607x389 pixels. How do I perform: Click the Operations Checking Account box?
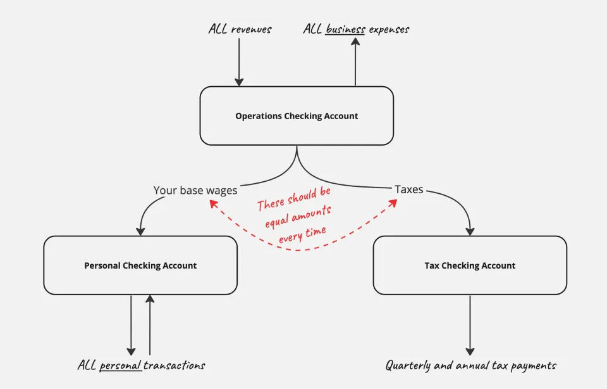pyautogui.click(x=297, y=115)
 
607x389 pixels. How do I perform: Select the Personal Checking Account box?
pyautogui.click(x=140, y=265)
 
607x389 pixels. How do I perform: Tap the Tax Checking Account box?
pyautogui.click(x=470, y=265)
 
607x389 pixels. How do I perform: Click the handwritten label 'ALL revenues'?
pyautogui.click(x=240, y=29)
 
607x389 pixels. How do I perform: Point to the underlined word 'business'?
pyautogui.click(x=345, y=29)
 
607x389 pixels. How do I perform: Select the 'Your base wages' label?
pyautogui.click(x=195, y=191)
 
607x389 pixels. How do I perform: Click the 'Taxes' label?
pyautogui.click(x=409, y=189)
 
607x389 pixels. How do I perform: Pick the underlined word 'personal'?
pyautogui.click(x=120, y=366)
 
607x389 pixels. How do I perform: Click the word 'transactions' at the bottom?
pyautogui.click(x=175, y=365)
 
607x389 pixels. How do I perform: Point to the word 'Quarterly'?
pyautogui.click(x=408, y=366)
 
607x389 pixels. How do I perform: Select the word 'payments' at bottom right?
pyautogui.click(x=534, y=366)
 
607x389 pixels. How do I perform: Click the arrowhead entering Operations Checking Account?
pyautogui.click(x=239, y=82)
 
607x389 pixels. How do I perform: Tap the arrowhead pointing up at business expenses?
pyautogui.click(x=355, y=42)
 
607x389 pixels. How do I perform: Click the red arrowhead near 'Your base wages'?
pyautogui.click(x=213, y=203)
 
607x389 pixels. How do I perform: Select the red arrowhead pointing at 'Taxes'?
pyautogui.click(x=393, y=203)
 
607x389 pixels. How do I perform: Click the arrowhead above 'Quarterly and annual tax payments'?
pyautogui.click(x=470, y=351)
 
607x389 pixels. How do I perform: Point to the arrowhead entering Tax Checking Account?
pyautogui.click(x=470, y=231)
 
